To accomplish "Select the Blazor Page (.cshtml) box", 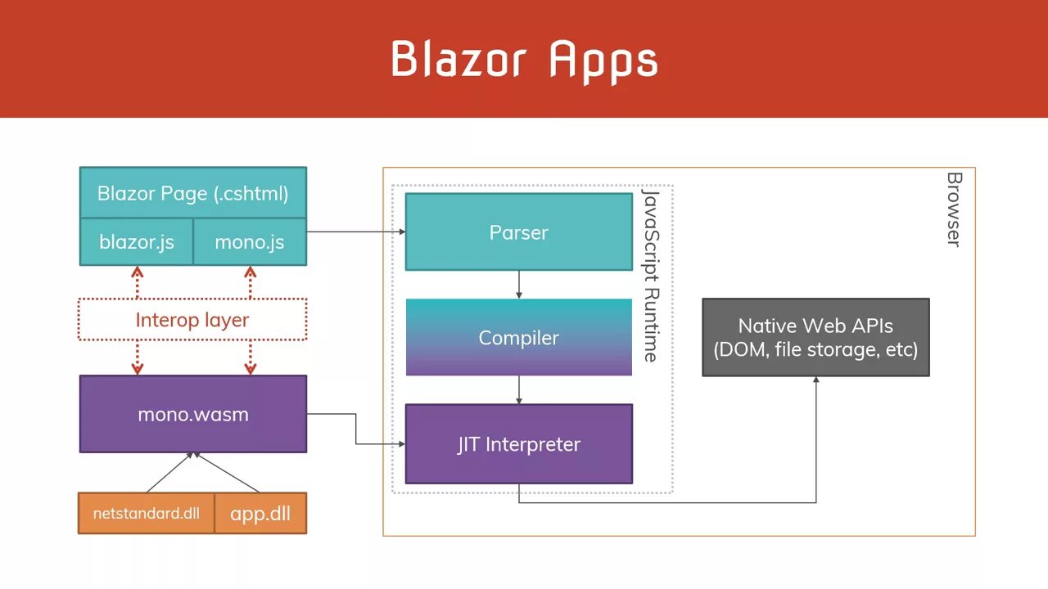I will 192,194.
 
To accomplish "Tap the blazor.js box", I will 137,242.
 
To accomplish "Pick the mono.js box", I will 250,242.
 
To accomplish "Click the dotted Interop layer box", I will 192,320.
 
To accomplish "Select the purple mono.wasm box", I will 192,414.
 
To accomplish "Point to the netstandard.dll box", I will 147,514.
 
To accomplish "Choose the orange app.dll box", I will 260,514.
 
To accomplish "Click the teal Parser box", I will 518,232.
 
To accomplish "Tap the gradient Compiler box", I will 518,337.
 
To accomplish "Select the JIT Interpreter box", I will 518,444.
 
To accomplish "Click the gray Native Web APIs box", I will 815,337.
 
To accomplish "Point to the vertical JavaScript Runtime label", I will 650,276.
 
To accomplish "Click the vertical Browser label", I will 954,209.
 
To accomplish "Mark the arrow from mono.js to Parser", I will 355,232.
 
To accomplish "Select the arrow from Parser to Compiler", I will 519,284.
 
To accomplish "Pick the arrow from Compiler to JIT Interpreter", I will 519,389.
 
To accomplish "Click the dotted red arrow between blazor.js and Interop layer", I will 138,282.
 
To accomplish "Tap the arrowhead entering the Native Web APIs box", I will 815,380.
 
